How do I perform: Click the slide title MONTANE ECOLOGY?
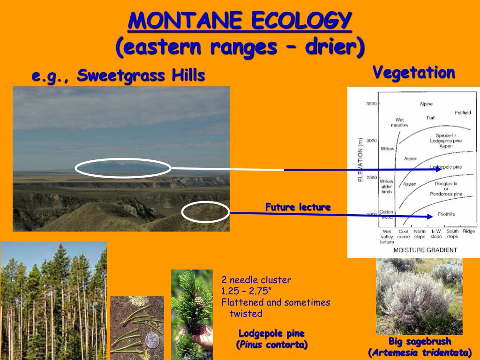240,21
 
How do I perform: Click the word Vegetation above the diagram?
413,73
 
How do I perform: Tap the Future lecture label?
298,207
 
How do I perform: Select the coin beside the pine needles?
152,340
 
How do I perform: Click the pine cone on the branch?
200,302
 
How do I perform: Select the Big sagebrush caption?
420,341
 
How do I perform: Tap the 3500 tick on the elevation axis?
371,104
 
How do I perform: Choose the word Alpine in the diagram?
426,104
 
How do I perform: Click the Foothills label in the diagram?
446,214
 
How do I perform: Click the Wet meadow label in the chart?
399,122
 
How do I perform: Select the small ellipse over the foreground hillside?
205,212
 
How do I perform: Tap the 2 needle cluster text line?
256,280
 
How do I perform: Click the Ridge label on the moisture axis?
469,232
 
